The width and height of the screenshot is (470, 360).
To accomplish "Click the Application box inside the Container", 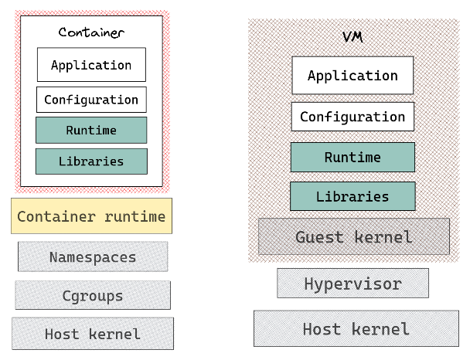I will click(x=91, y=65).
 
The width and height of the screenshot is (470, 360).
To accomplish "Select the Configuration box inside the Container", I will click(x=91, y=100).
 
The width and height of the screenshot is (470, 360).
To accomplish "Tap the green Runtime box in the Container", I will click(x=91, y=131).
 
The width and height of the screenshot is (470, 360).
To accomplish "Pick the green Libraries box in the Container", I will click(x=91, y=161).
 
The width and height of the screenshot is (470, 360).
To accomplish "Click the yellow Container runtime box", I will click(x=91, y=216).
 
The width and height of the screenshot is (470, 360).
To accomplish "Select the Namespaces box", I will click(x=93, y=257).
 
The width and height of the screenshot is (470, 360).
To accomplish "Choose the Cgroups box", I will click(x=93, y=295).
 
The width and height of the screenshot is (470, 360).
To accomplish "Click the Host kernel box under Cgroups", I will click(x=93, y=334).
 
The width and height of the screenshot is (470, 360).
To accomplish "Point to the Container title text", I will click(x=91, y=32).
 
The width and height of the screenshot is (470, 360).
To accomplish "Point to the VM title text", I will click(x=352, y=37).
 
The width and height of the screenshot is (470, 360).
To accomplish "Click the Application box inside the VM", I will click(x=352, y=76).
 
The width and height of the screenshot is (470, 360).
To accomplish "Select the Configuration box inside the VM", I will click(x=352, y=117).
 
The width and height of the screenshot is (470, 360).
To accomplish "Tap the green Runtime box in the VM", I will click(x=352, y=158).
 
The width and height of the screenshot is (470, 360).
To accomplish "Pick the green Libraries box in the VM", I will click(x=352, y=196).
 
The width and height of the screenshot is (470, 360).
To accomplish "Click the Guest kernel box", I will click(x=353, y=236).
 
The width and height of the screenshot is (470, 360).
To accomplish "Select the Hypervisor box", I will click(x=352, y=284).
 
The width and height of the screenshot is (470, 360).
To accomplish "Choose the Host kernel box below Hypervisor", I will click(x=356, y=329).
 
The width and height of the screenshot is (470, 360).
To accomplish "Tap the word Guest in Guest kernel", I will click(x=320, y=236).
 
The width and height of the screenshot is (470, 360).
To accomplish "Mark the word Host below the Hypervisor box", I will click(x=322, y=329).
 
